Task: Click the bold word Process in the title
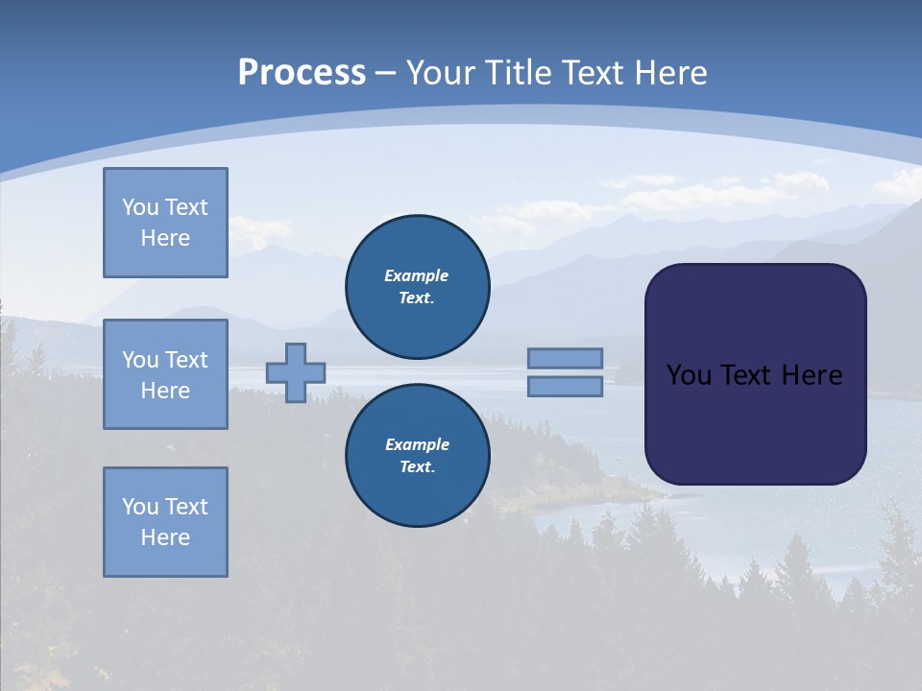[302, 73]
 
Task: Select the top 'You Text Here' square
[165, 223]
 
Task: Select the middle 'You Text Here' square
[165, 374]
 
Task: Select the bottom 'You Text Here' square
[165, 522]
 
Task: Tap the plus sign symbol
[296, 372]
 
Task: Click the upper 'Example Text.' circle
[417, 286]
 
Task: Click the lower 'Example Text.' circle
[417, 455]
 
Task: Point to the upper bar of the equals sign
[565, 358]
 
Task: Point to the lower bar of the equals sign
[565, 386]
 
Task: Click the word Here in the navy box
[812, 375]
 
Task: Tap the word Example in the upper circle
[417, 275]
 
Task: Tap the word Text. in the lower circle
[417, 467]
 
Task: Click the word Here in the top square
[165, 238]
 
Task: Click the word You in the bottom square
[139, 507]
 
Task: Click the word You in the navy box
[689, 375]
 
